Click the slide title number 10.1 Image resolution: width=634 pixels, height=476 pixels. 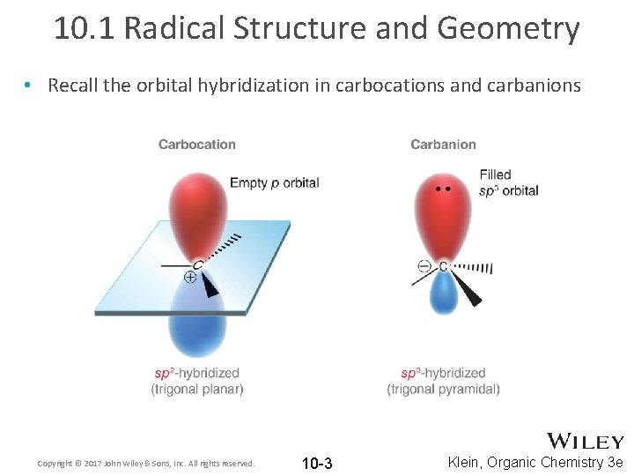tap(85, 28)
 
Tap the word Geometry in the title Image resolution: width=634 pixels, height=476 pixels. tap(508, 28)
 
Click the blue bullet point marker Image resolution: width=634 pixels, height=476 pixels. tap(29, 86)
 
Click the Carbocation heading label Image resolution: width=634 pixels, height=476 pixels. tap(197, 145)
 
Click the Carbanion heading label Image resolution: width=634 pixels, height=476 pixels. tap(443, 145)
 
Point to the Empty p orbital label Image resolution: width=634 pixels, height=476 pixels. tap(274, 183)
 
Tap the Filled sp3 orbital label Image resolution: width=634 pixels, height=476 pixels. tap(508, 182)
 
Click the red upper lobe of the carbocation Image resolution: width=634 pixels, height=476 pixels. tap(197, 212)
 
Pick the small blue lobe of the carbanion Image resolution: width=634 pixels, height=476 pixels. tap(443, 293)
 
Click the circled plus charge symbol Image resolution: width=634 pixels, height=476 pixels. tap(189, 278)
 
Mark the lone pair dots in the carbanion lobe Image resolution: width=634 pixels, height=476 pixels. tap(443, 189)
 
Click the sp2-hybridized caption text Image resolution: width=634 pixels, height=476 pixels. tap(197, 373)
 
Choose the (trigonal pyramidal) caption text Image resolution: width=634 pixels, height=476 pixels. tap(443, 389)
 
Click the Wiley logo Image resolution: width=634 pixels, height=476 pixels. tap(586, 441)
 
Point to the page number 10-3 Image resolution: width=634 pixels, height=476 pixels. tap(317, 464)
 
